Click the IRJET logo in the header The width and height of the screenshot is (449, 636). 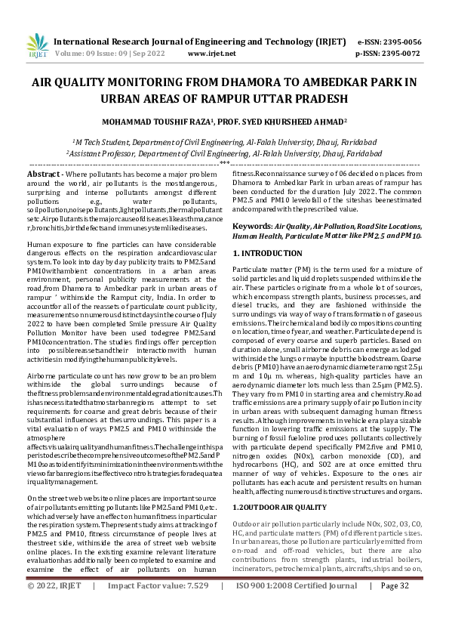33,46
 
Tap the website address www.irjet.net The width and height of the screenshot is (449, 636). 208,54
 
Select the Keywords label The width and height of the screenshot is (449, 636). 252,226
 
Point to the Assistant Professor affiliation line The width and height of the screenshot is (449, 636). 224,152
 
